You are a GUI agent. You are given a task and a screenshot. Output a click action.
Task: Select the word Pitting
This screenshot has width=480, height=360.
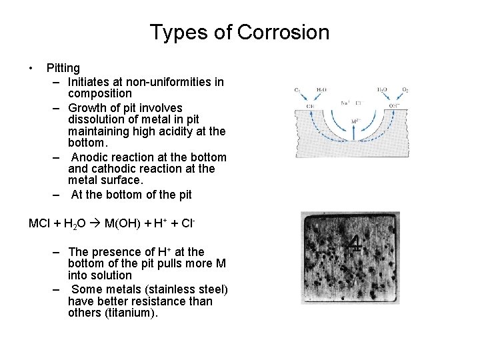tap(63, 68)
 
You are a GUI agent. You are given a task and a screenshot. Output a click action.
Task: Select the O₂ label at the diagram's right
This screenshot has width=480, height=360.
tap(405, 89)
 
